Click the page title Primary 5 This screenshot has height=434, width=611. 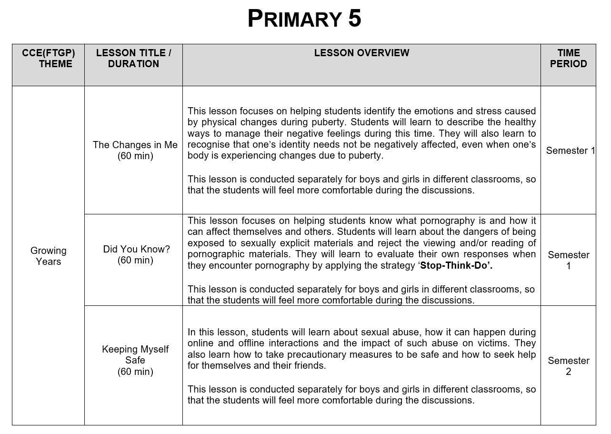coord(304,19)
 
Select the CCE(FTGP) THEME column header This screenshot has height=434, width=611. coord(49,58)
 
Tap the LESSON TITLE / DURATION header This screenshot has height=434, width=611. coord(133,58)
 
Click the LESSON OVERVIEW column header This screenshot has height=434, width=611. coord(361,53)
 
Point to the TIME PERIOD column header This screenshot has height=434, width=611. coord(568,58)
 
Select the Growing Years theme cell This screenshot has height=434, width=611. coord(48,256)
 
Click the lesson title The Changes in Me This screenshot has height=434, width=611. coord(135,145)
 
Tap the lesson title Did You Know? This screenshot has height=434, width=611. coord(136,249)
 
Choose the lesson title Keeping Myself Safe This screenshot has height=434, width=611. coord(135,354)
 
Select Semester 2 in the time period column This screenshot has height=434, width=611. coord(568,366)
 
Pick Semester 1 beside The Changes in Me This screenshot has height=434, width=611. coord(570,151)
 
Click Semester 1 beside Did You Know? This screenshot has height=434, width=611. coord(568,260)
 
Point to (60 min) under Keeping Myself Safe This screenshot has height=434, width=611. coord(135,372)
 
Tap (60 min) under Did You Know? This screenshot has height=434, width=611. coord(135,260)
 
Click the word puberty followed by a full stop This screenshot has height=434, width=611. coord(367,156)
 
